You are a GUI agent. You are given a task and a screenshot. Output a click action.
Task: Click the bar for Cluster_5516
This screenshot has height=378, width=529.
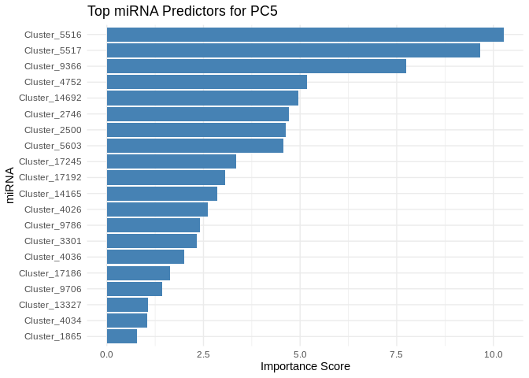pos(305,35)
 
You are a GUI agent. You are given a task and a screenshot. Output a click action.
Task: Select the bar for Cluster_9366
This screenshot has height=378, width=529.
pos(256,66)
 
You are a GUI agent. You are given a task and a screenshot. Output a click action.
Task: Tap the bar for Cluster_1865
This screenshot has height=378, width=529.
pos(122,336)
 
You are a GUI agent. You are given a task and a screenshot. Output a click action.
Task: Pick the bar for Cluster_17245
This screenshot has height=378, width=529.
pos(171,161)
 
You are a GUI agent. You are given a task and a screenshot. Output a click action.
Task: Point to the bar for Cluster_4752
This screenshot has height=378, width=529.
pos(206,82)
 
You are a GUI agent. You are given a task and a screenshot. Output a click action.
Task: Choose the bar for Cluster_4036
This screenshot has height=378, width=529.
pos(145,257)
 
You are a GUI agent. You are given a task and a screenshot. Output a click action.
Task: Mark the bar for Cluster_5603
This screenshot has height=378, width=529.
pos(194,146)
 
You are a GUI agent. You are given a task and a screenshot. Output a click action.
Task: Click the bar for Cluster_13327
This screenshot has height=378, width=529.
pos(127,305)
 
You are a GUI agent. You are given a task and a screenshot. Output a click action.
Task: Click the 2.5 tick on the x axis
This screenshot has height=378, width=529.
pos(203,354)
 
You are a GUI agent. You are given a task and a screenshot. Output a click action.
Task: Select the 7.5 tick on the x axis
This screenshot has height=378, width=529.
pos(397,354)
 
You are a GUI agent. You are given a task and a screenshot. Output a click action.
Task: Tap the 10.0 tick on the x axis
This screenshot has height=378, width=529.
pos(494,354)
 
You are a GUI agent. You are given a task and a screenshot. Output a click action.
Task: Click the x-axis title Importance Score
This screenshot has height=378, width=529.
pos(305,367)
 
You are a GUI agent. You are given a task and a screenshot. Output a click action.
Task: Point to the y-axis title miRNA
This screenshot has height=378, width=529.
pos(10,185)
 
